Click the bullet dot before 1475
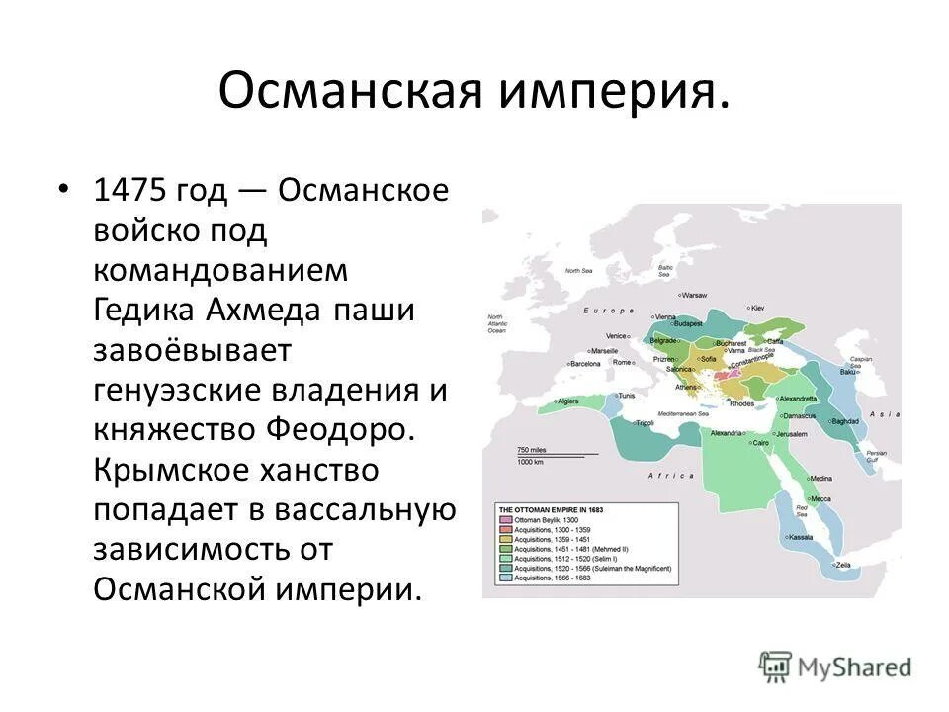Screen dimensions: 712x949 64,188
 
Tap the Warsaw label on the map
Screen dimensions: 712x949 696,295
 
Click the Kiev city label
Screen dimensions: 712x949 758,308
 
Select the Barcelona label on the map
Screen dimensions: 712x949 585,363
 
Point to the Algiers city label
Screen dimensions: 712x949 567,401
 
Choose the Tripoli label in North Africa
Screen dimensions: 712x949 645,422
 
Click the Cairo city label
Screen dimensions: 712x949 760,442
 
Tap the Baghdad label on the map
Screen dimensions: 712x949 846,421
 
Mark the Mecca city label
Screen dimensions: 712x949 821,497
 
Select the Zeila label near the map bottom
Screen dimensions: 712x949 842,564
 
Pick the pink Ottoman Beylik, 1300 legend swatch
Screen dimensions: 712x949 505,520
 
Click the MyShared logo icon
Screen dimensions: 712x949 776,666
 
